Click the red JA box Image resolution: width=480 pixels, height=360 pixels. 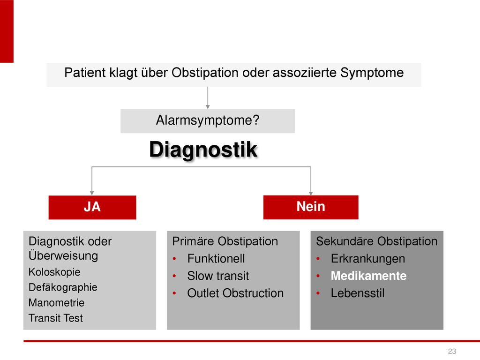coord(92,207)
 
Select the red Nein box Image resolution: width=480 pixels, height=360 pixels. coord(311,207)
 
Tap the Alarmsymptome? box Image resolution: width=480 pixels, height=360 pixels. coord(208,120)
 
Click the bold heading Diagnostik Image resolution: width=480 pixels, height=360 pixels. coord(203,150)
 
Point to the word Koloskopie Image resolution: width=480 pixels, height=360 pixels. coord(54,272)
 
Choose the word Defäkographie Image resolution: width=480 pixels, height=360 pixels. coord(63,287)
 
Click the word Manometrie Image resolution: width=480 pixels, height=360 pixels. coord(56,302)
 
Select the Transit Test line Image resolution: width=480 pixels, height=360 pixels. coord(55,318)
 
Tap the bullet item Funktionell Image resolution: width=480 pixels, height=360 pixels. coord(216,259)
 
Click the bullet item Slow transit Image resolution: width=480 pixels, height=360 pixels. coord(218,276)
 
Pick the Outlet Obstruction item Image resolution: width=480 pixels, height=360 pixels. coord(235,293)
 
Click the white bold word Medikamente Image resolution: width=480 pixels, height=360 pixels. coord(368,276)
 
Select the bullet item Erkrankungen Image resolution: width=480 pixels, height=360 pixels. coord(368,259)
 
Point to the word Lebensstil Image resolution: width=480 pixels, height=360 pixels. coord(358,293)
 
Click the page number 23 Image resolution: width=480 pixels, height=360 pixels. coord(452,351)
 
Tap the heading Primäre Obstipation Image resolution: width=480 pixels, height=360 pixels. coord(225,241)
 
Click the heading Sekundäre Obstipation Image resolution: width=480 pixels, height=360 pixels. coord(377,241)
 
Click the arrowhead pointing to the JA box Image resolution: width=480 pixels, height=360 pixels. coord(92,193)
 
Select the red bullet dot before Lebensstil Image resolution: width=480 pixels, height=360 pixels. coord(318,293)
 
